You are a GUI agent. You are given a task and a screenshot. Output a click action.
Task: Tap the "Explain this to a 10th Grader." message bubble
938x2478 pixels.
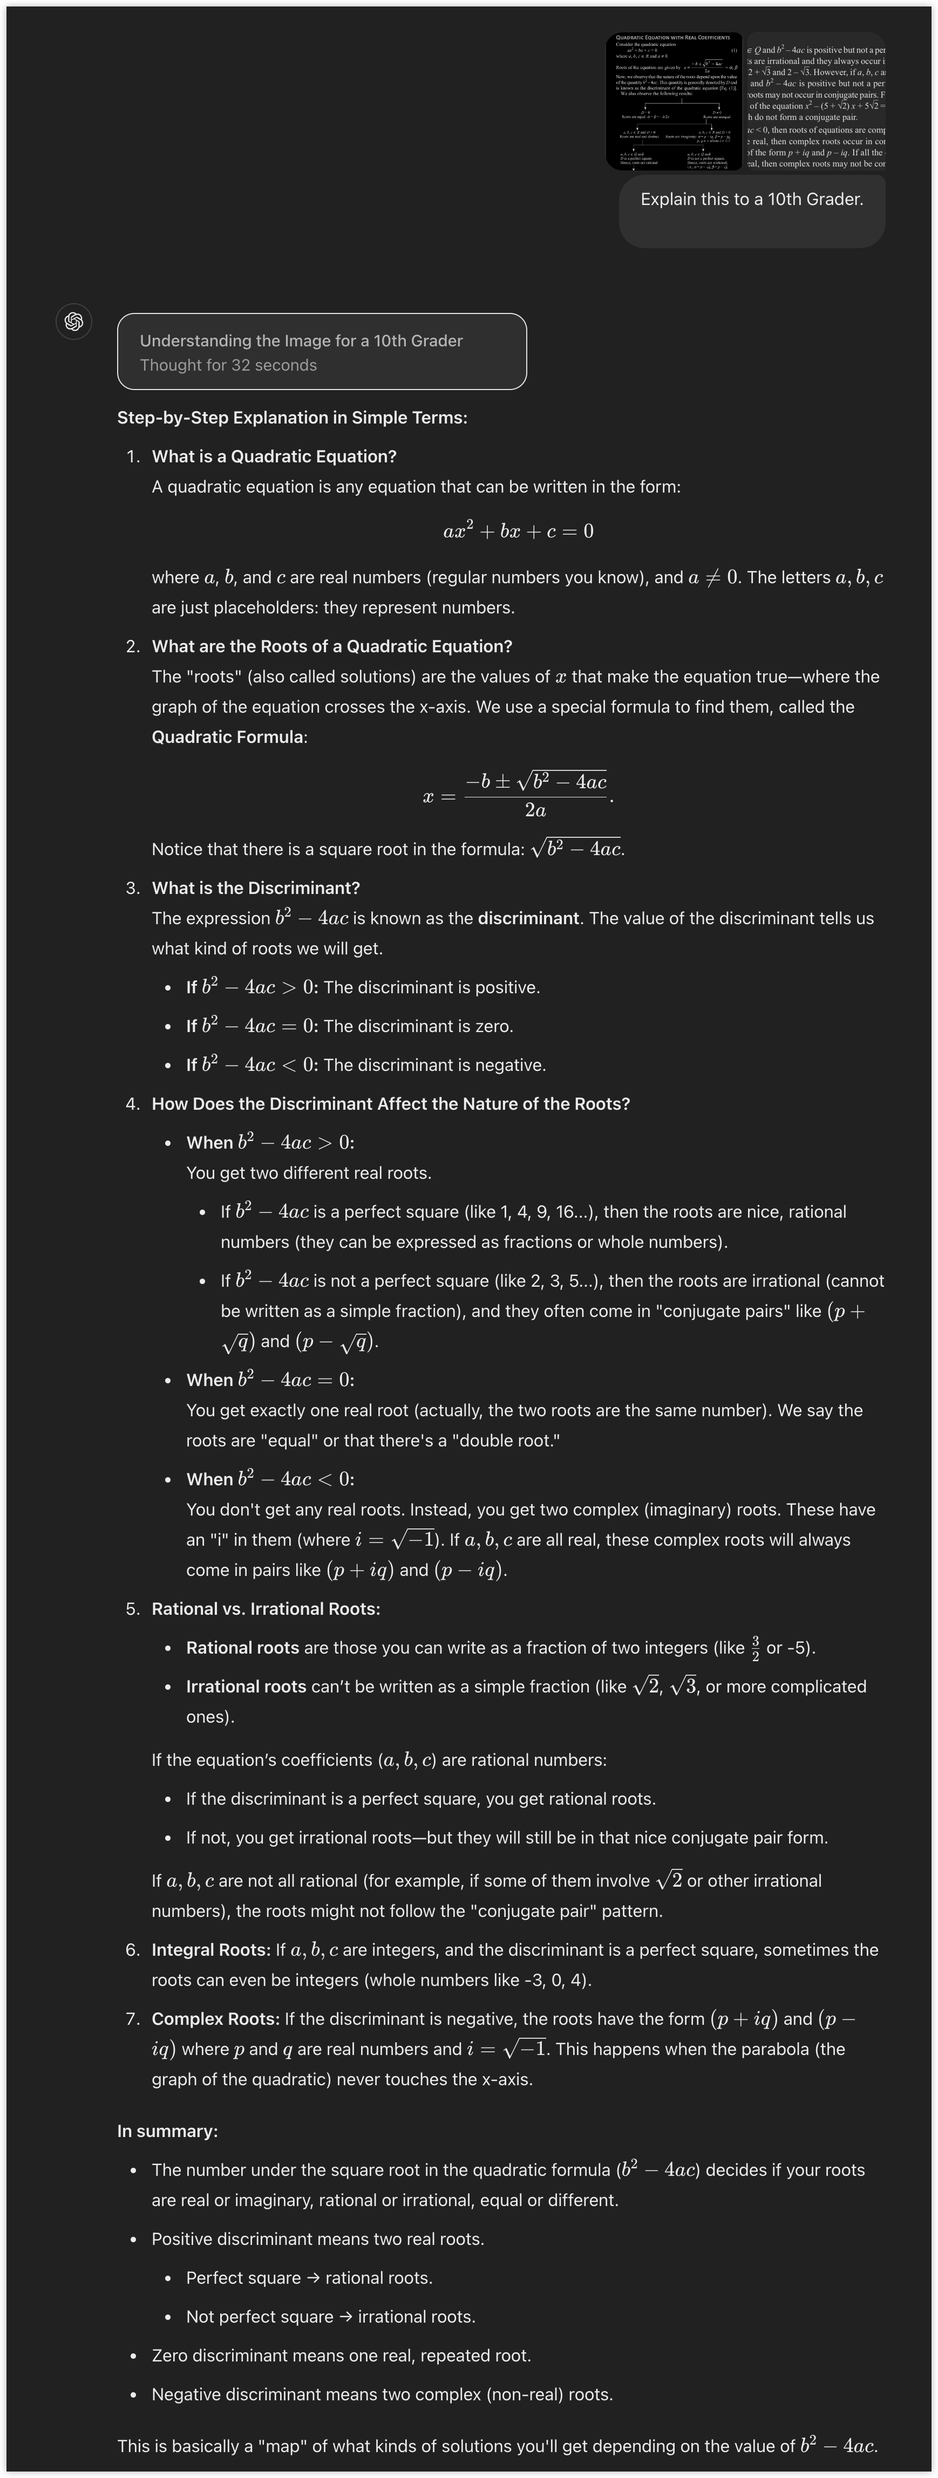[751, 200]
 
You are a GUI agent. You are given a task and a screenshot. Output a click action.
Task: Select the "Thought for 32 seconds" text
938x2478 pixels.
[228, 366]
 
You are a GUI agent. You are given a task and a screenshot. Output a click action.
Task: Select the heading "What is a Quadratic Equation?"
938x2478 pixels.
[274, 456]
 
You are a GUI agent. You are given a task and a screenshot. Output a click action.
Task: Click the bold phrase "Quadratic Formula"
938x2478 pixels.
[227, 737]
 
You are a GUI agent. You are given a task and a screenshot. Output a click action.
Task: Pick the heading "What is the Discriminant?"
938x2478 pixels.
[256, 888]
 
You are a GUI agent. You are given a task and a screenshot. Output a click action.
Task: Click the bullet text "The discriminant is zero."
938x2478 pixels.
[418, 1026]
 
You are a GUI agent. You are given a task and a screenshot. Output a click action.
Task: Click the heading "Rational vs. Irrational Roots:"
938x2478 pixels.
[266, 1608]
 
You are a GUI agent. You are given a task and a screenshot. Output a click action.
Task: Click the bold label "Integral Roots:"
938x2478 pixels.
[210, 1950]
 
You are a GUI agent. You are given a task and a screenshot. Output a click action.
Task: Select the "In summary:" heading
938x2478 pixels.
[167, 2131]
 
